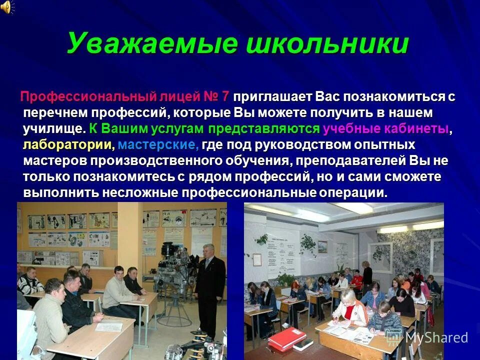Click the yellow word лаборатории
[x=68, y=145]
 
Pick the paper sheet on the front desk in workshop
[x=109, y=327]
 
